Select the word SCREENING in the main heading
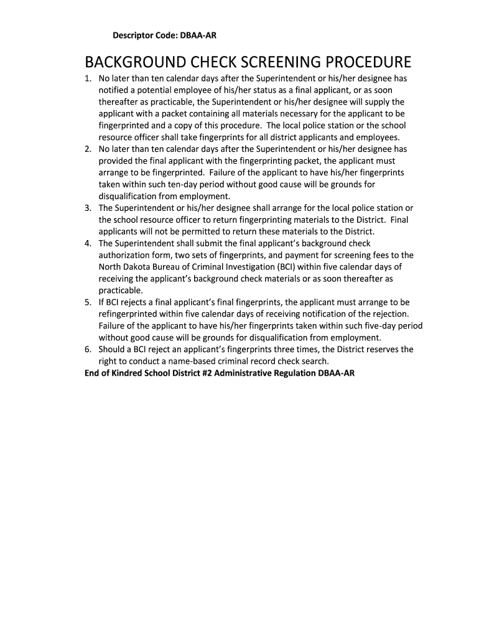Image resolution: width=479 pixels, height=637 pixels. [267, 63]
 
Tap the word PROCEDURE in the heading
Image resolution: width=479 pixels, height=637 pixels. [363, 63]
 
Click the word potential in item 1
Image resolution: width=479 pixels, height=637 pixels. [151, 90]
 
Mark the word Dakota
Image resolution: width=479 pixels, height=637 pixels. [138, 267]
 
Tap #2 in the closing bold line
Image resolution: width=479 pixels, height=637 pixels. [207, 373]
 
